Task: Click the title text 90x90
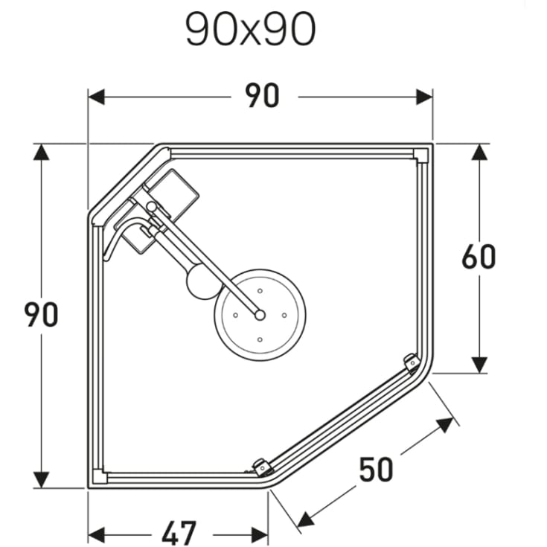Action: [x=250, y=31]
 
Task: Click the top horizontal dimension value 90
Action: [x=262, y=97]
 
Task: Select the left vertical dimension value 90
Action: [x=42, y=315]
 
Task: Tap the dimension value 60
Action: [x=479, y=257]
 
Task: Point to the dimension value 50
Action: [x=376, y=470]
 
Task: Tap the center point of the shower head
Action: [x=260, y=316]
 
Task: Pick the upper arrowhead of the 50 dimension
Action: [x=445, y=425]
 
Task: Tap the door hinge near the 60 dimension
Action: [x=410, y=361]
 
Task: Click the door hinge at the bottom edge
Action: [x=262, y=467]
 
